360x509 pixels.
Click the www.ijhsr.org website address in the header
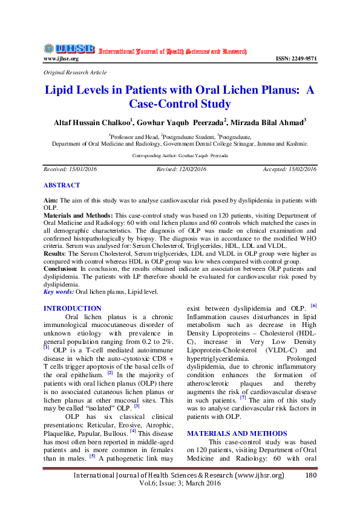pos(61,59)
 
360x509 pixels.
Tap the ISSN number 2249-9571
pos(295,59)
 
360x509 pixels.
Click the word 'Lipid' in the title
pos(64,90)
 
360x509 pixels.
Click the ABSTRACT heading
pos(62,185)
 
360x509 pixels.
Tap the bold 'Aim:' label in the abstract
pos(51,199)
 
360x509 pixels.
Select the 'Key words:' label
pos(59,292)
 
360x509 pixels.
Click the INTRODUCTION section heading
pos(73,308)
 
